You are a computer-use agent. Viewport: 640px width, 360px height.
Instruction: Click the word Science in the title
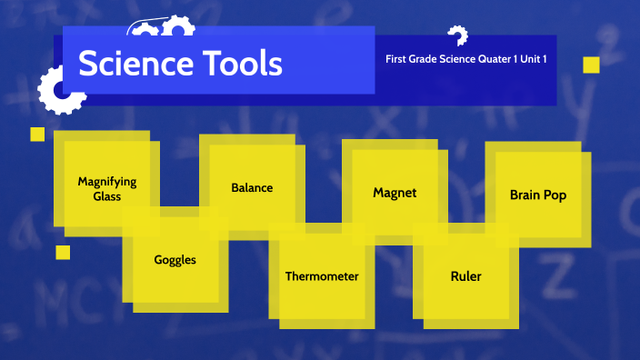[x=131, y=64]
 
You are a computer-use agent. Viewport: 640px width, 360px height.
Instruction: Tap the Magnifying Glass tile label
[x=106, y=189]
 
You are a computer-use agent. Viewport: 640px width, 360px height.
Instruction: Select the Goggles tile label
[x=175, y=259]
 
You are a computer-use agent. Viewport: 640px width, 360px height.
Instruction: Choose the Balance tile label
[x=252, y=188]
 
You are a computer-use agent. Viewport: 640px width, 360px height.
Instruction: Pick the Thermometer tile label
[x=322, y=276]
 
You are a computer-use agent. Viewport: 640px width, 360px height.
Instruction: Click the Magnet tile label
[x=395, y=193]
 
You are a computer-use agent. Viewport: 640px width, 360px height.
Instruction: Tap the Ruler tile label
[x=465, y=276]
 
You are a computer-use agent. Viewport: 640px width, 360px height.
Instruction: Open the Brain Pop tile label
[x=538, y=195]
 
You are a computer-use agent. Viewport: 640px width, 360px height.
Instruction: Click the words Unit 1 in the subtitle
[x=539, y=60]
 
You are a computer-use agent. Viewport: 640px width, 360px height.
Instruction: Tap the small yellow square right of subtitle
[x=591, y=65]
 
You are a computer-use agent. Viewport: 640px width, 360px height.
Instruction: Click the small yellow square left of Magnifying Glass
[x=37, y=135]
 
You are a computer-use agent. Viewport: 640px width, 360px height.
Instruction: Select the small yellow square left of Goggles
[x=63, y=252]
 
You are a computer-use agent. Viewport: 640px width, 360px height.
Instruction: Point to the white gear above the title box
[x=162, y=30]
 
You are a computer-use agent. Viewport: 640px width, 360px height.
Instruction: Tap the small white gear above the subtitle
[x=457, y=36]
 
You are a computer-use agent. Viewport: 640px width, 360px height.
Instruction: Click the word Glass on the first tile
[x=106, y=196]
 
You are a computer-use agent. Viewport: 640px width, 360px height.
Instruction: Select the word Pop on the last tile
[x=555, y=195]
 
